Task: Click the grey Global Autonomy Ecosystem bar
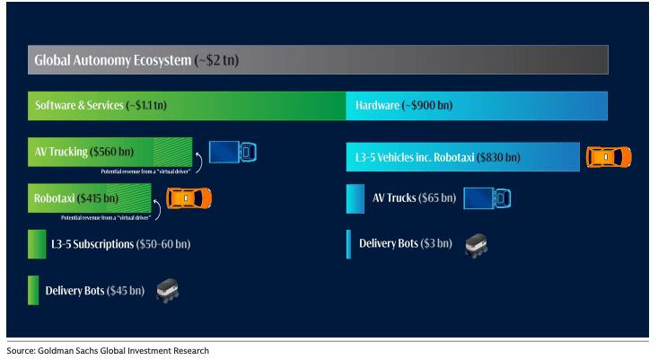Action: click(x=319, y=61)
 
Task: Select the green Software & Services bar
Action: click(x=187, y=106)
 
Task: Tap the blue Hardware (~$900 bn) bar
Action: click(x=477, y=106)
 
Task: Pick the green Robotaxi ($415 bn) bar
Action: click(x=91, y=198)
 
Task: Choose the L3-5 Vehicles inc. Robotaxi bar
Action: click(x=463, y=157)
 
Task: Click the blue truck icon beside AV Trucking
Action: click(x=232, y=151)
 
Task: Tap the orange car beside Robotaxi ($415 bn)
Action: click(x=189, y=198)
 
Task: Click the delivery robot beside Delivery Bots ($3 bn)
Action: click(x=476, y=243)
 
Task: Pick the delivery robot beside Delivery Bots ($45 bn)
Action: click(x=168, y=290)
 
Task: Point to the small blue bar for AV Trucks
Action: click(x=355, y=198)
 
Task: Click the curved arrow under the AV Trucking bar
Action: click(x=199, y=165)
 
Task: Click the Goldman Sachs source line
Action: click(x=108, y=351)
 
